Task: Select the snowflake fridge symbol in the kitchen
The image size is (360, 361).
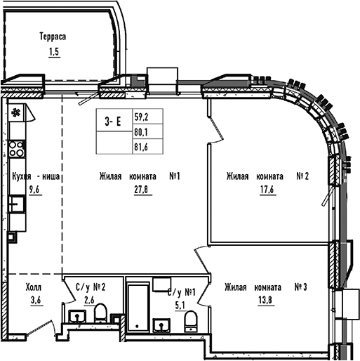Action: (x=16, y=112)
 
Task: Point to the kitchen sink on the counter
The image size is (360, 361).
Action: (x=17, y=204)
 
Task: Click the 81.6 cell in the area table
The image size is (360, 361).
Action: (x=141, y=145)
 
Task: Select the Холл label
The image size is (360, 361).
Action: (x=34, y=287)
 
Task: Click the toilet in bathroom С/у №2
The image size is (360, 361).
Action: (x=101, y=313)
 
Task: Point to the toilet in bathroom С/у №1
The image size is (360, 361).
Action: (x=189, y=321)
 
